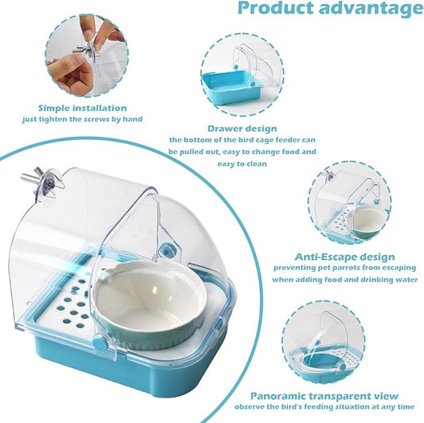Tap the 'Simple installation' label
(x=82, y=108)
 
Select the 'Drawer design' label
(x=242, y=128)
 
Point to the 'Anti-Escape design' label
(x=344, y=257)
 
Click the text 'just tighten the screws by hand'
(x=82, y=120)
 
